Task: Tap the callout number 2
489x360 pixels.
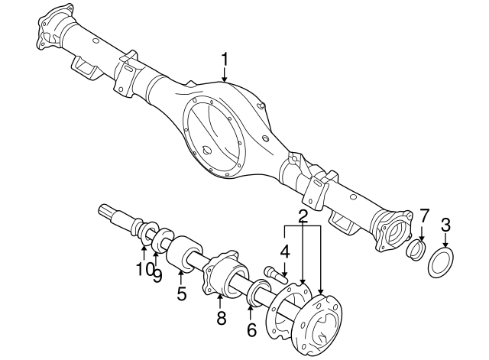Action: [303, 216]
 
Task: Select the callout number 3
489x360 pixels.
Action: [445, 225]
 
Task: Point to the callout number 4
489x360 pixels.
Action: [284, 252]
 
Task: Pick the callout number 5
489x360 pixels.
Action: [182, 294]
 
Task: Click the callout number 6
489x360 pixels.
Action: [251, 329]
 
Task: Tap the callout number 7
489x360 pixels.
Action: [425, 216]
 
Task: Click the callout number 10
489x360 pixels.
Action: [144, 268]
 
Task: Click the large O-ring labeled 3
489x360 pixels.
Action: [441, 261]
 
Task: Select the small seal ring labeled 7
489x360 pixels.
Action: [416, 249]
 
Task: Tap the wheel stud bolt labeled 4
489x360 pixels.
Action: [276, 274]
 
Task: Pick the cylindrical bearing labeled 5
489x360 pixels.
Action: [184, 254]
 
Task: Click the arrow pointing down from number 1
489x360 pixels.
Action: [225, 75]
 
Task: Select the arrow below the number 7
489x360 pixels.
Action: [422, 232]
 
